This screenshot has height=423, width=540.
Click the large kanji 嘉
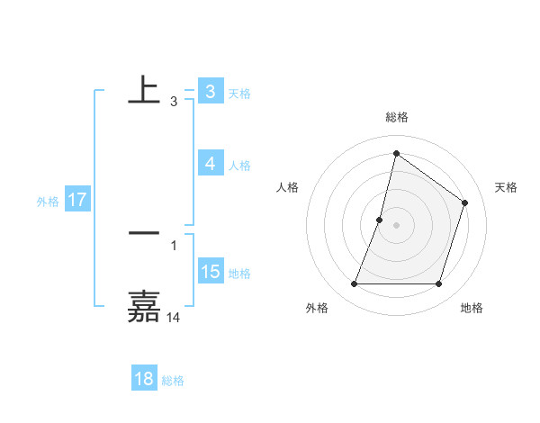[x=144, y=307]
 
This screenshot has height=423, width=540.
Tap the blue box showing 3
[x=210, y=92]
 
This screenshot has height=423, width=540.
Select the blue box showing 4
[x=210, y=164]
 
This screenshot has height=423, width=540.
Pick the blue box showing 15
[x=210, y=272]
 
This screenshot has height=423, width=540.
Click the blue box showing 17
[x=77, y=200]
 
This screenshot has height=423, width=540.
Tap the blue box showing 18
[x=144, y=379]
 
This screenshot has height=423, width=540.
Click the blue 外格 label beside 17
[x=47, y=202]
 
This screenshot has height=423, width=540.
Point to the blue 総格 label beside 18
[x=173, y=381]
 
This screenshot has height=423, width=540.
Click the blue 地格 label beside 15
[x=239, y=274]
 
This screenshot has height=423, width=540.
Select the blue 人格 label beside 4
[x=239, y=166]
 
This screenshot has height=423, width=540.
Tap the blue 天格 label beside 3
[x=239, y=94]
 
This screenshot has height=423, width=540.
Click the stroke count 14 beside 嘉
[x=174, y=317]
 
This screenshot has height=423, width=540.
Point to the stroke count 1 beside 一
[x=174, y=245]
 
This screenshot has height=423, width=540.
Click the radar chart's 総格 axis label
[x=396, y=118]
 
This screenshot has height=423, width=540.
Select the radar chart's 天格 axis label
[x=506, y=187]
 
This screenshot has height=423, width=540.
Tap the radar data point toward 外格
[x=354, y=284]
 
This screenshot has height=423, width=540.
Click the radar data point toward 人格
[x=380, y=220]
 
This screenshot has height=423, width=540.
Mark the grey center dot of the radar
[x=396, y=225]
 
